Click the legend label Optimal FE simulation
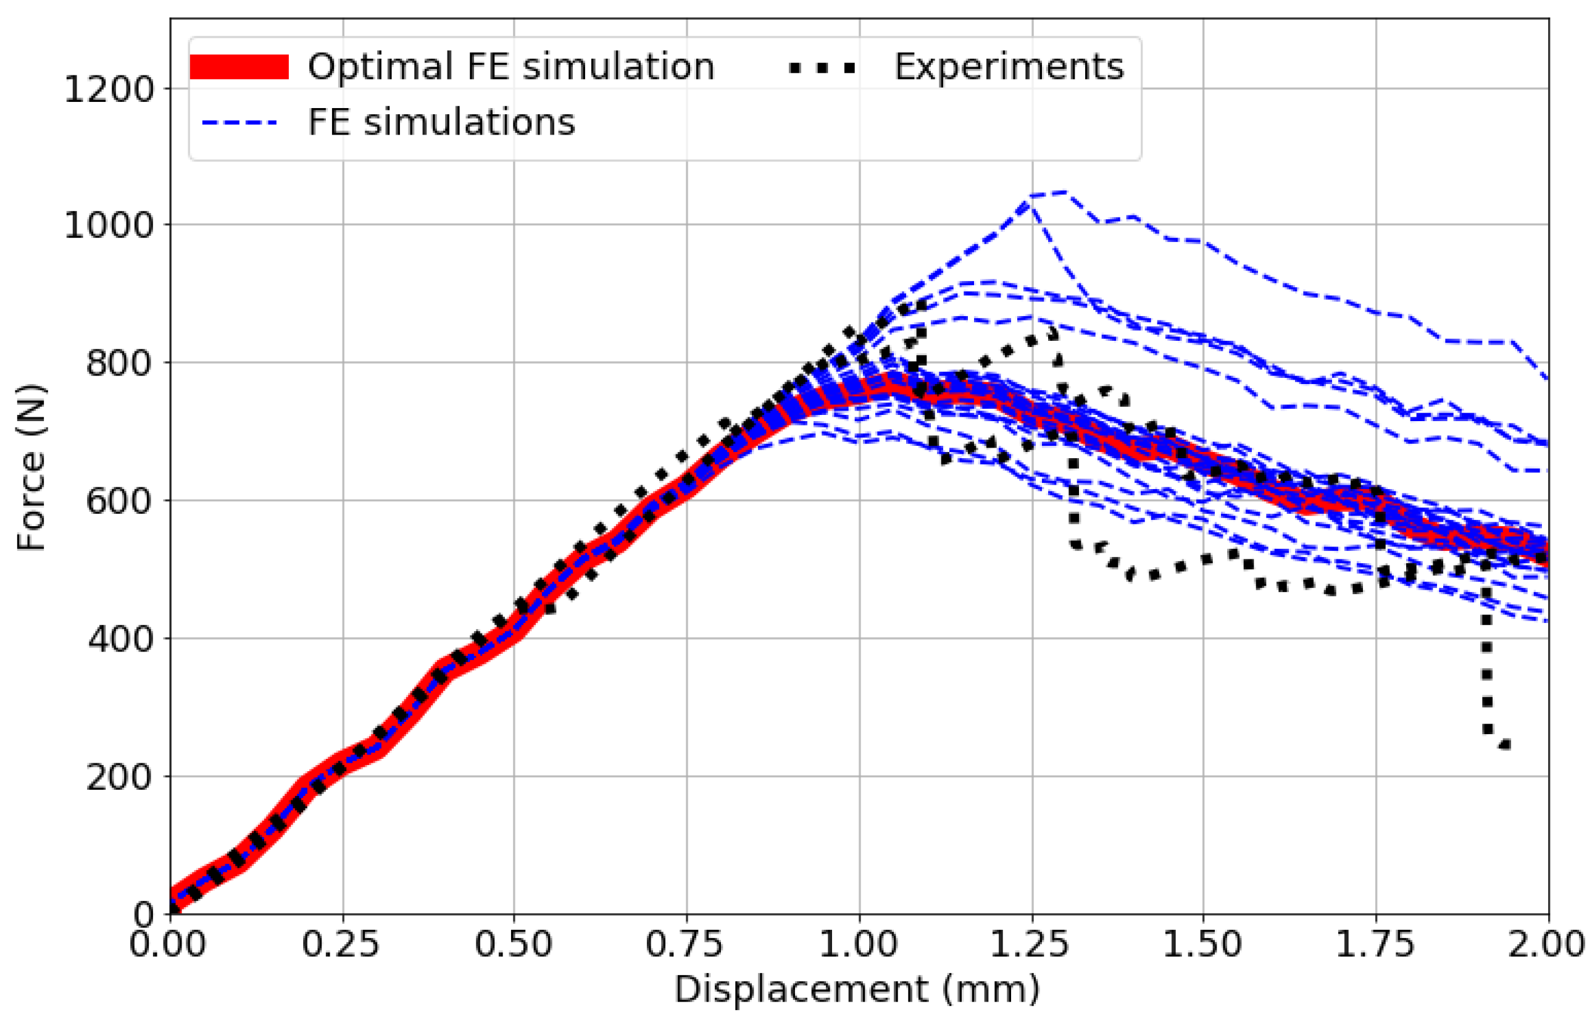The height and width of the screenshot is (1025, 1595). pyautogui.click(x=510, y=67)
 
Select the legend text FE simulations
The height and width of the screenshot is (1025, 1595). pyautogui.click(x=441, y=122)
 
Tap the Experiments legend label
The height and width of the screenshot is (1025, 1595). pyautogui.click(x=1007, y=67)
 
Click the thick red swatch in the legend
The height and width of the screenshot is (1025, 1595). pyautogui.click(x=239, y=67)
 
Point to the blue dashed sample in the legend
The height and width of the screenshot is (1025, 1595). pyautogui.click(x=239, y=123)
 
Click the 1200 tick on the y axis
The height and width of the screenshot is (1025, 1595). pyautogui.click(x=109, y=89)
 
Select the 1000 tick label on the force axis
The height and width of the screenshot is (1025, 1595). pyautogui.click(x=109, y=226)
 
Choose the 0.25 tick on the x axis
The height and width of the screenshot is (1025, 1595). pyautogui.click(x=341, y=945)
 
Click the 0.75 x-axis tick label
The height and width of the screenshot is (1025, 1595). pyautogui.click(x=685, y=945)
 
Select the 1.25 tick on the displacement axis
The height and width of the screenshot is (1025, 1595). pyautogui.click(x=1030, y=945)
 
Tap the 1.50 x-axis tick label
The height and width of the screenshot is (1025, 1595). pyautogui.click(x=1202, y=945)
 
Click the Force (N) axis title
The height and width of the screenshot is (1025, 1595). pyautogui.click(x=31, y=467)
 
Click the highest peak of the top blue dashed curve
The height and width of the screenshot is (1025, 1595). pyautogui.click(x=1064, y=193)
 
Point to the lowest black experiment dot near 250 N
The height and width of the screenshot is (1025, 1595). pyautogui.click(x=1504, y=745)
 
